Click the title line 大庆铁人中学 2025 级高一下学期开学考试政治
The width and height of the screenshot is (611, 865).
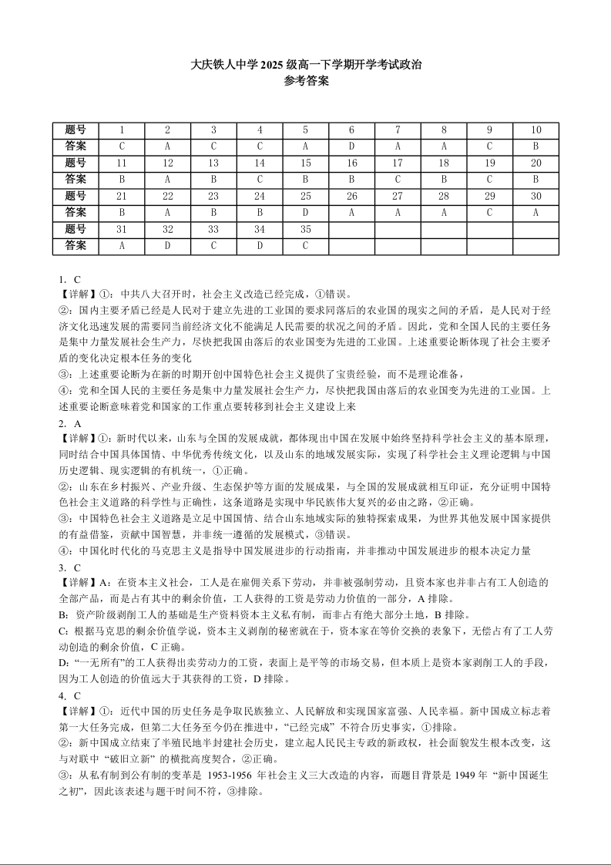pyautogui.click(x=305, y=66)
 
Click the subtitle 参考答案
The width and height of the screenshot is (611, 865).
pyautogui.click(x=305, y=81)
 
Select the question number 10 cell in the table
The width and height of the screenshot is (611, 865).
pyautogui.click(x=535, y=130)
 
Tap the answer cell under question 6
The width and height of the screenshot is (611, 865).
pyautogui.click(x=351, y=146)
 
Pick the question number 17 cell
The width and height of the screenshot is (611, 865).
pyautogui.click(x=398, y=163)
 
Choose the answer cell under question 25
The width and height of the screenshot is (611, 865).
pyautogui.click(x=306, y=213)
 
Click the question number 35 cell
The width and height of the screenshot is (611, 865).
pyautogui.click(x=306, y=229)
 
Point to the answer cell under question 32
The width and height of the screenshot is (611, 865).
pyautogui.click(x=167, y=246)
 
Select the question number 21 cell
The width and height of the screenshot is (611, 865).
pyautogui.click(x=122, y=196)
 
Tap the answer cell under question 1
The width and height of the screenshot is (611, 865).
pyautogui.click(x=122, y=146)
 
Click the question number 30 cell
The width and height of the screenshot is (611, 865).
pyautogui.click(x=535, y=196)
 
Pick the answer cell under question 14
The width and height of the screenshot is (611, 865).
pyautogui.click(x=260, y=180)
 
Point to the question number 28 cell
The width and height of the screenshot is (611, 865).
pyautogui.click(x=444, y=196)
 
